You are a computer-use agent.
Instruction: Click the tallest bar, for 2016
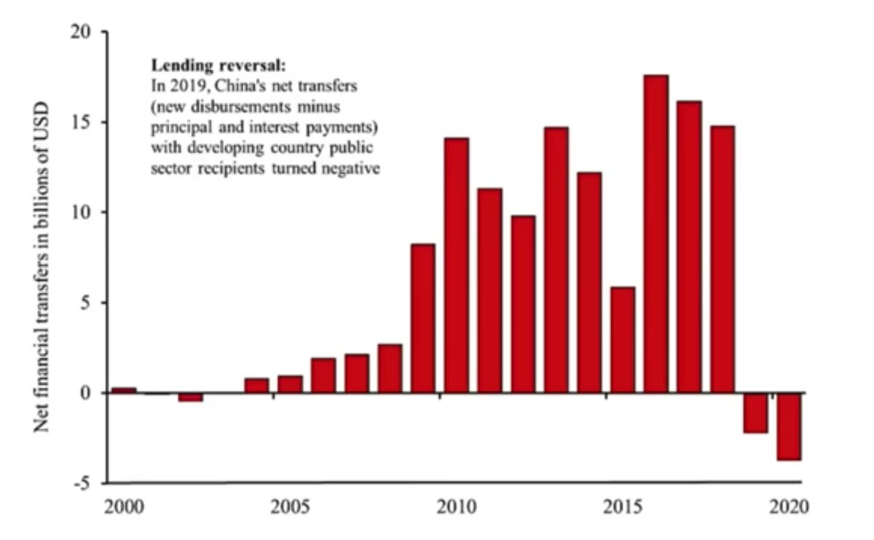pos(656,233)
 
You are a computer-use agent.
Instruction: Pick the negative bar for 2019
pos(755,412)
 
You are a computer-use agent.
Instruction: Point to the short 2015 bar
pos(623,340)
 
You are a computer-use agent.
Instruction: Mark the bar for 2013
pos(556,259)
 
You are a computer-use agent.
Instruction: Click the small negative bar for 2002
pos(190,397)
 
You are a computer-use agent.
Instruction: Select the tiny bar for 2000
pos(124,390)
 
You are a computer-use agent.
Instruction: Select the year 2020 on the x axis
pos(789,506)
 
